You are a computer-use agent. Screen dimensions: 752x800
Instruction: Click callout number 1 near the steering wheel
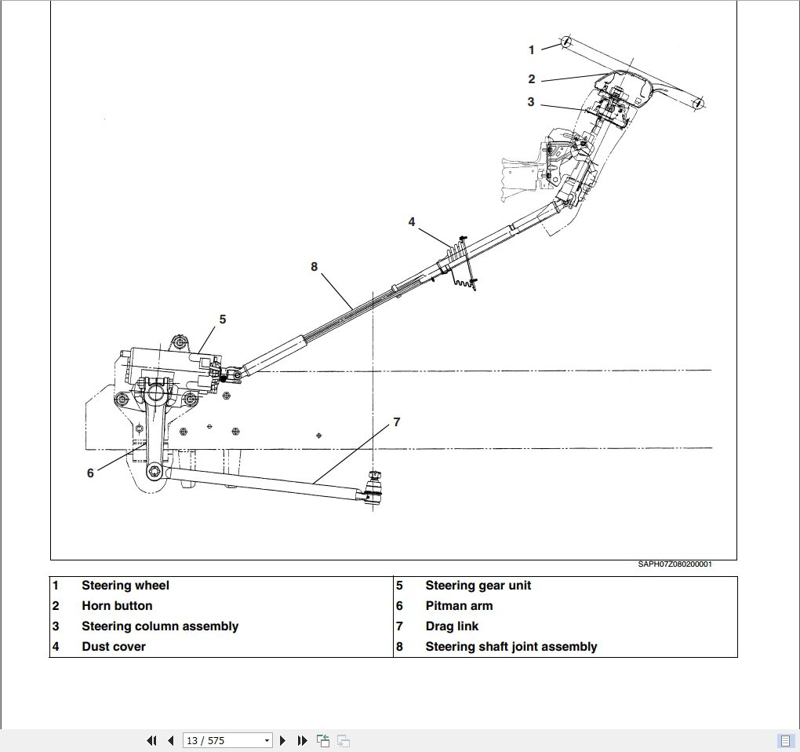(x=531, y=50)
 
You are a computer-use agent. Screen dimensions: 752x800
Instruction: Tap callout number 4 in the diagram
(x=412, y=222)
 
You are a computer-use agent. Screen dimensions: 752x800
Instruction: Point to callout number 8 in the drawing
(x=315, y=267)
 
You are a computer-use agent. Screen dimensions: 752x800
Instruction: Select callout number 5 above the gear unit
(x=223, y=319)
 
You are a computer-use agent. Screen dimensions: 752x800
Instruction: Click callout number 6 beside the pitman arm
(x=90, y=473)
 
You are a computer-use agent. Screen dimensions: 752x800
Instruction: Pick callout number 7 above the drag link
(x=397, y=422)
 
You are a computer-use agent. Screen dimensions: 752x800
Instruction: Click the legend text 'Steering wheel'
(x=125, y=586)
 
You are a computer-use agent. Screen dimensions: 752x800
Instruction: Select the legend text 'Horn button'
(x=117, y=606)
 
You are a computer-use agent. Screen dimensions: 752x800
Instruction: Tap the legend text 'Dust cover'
(x=114, y=647)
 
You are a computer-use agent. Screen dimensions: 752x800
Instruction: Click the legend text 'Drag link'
(x=452, y=626)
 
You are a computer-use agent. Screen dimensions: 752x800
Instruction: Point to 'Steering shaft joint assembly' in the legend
(x=511, y=647)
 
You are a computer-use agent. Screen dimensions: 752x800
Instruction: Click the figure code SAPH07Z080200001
(x=675, y=564)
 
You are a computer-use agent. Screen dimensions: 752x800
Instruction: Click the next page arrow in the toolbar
(x=283, y=740)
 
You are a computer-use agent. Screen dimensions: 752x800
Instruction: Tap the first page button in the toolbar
(x=151, y=740)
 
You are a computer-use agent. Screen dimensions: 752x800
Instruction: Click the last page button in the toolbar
(x=302, y=740)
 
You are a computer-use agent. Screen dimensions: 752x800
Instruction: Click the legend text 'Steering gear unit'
(x=478, y=586)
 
